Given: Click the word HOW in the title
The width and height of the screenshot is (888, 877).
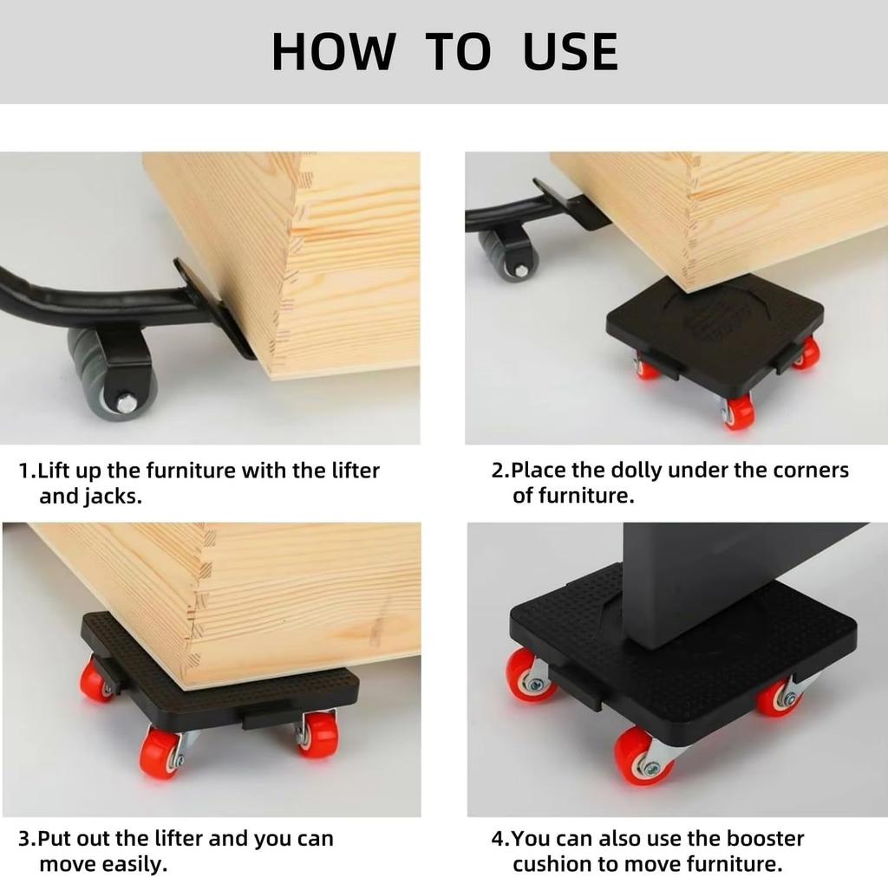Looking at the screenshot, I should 332,52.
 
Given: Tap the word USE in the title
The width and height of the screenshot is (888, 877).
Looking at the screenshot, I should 571,52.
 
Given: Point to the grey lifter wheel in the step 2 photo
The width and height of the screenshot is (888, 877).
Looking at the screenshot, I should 510,255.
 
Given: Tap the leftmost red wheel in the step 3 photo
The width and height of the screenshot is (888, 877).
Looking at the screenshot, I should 96,680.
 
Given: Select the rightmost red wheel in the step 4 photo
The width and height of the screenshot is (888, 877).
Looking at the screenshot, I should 778,698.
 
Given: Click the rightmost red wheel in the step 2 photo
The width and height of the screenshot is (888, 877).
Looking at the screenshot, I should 806,353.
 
